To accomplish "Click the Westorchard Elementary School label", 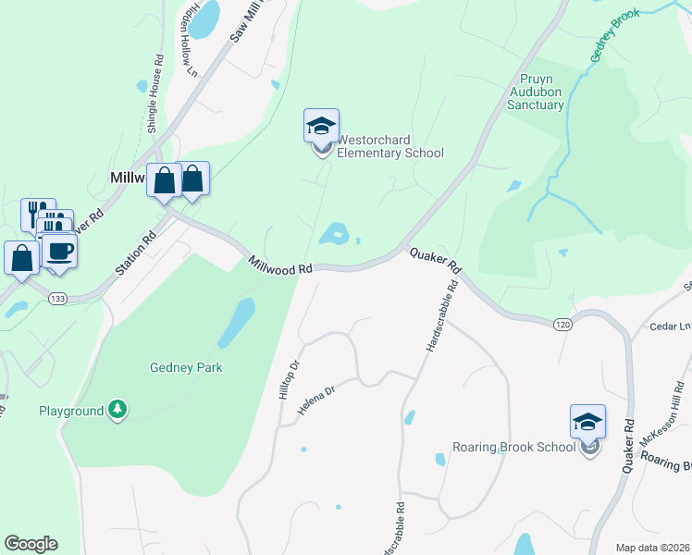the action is pos(389,147).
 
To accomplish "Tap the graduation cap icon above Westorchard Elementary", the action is pos(321,126).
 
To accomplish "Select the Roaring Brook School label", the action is pos(514,448).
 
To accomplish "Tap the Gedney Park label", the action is pos(186,367).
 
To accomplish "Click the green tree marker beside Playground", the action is pos(117,409).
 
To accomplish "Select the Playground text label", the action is pos(70,411).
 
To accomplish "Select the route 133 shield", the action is pos(58,298).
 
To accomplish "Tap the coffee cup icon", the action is pos(61,252).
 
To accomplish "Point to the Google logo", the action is pos(31,544).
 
